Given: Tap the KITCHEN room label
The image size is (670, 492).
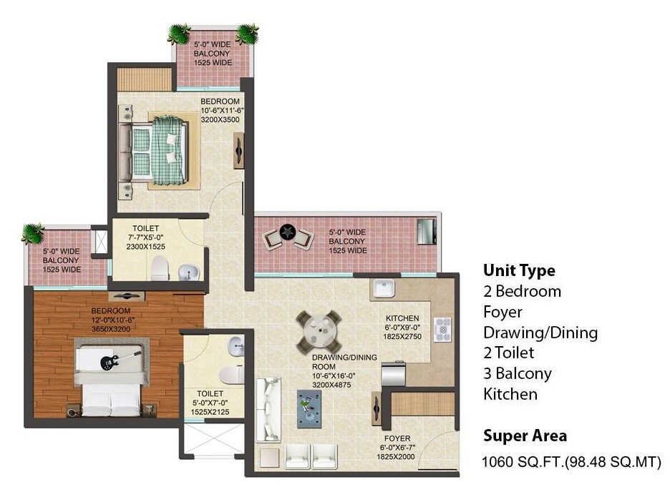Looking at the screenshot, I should point(402,318).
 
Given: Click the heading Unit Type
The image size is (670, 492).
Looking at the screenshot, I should point(519,271).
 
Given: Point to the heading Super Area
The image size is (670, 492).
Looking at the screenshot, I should point(525,436).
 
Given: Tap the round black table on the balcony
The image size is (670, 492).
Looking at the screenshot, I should point(288,232).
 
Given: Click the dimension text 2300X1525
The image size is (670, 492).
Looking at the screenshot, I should point(145,246).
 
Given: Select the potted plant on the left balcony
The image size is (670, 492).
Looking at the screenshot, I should point(32,233).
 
